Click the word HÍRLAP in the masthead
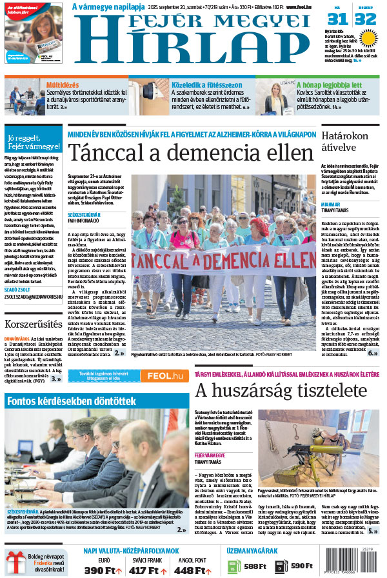[x=194, y=48]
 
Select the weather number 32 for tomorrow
[x=365, y=19]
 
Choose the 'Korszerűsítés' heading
[x=33, y=324]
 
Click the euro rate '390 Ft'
[x=101, y=570]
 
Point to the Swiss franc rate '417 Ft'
[x=148, y=570]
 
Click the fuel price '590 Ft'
[x=301, y=566]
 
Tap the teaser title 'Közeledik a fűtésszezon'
[x=206, y=84]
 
